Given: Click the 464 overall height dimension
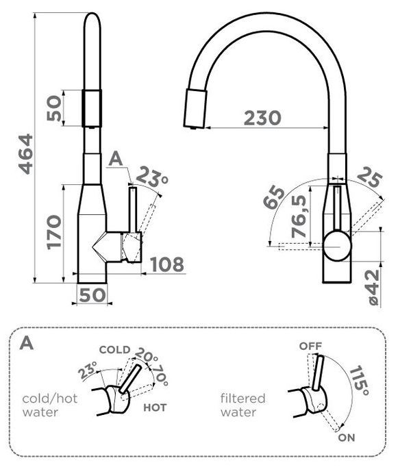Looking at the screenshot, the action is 26,154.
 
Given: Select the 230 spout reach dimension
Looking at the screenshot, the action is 262,118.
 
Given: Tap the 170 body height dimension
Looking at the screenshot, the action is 54,232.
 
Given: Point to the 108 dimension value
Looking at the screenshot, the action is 166,264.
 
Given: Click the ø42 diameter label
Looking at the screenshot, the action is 373,288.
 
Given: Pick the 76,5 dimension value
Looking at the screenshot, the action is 299,216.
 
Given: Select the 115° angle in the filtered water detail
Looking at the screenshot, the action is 360,381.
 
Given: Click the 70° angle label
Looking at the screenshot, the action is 161,375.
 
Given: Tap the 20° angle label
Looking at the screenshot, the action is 147,355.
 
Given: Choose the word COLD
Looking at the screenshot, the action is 114,350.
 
